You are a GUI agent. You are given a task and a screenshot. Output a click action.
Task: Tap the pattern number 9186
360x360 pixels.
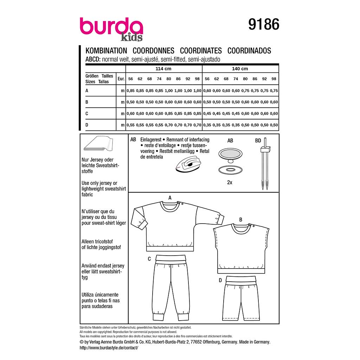tap(264, 24)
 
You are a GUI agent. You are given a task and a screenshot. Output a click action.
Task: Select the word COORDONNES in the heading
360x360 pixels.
tap(153, 51)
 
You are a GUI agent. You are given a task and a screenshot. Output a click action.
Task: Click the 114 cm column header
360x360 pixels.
tap(163, 69)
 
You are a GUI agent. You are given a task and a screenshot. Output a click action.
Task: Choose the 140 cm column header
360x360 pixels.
tap(240, 69)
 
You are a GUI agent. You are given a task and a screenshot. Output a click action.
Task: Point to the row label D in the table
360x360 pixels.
tap(87, 125)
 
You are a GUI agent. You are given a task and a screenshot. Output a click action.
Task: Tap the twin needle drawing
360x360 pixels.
tap(265, 163)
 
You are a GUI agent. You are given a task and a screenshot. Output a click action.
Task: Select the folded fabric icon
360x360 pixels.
tap(98, 143)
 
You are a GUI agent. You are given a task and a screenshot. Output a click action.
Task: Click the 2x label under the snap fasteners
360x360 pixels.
tap(230, 182)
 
